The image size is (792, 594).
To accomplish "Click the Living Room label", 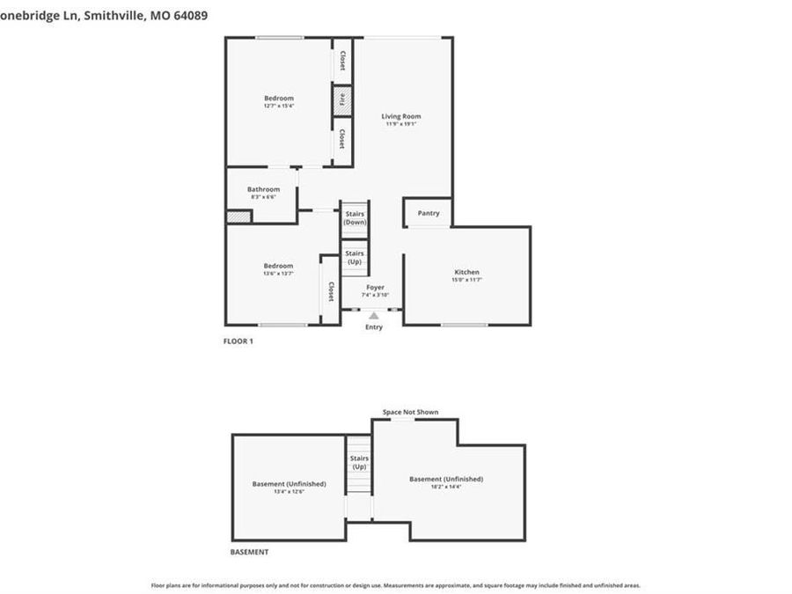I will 400,116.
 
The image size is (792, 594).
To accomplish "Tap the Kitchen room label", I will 466,272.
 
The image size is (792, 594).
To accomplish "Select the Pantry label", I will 429,213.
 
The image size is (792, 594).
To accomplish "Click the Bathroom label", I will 263,189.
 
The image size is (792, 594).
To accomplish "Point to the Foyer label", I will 375,288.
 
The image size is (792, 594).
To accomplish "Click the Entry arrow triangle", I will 374,315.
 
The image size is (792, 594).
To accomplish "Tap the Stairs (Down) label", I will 355,218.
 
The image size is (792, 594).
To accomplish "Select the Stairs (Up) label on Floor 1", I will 354,258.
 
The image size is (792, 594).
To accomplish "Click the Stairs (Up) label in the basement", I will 359,462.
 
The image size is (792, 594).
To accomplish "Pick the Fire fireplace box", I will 342,100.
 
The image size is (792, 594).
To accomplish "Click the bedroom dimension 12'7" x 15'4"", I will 278,106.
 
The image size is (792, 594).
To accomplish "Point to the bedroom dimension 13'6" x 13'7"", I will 278,274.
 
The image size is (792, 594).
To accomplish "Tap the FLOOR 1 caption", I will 238,341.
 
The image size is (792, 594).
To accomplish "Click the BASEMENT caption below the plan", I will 249,553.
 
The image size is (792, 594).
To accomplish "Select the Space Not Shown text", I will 410,412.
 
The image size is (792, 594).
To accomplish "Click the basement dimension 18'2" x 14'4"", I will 446,486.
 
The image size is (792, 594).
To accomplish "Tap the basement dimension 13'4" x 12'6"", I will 289,491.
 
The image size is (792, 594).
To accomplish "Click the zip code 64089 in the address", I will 190,15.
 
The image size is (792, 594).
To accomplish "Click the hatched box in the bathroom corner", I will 238,216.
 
